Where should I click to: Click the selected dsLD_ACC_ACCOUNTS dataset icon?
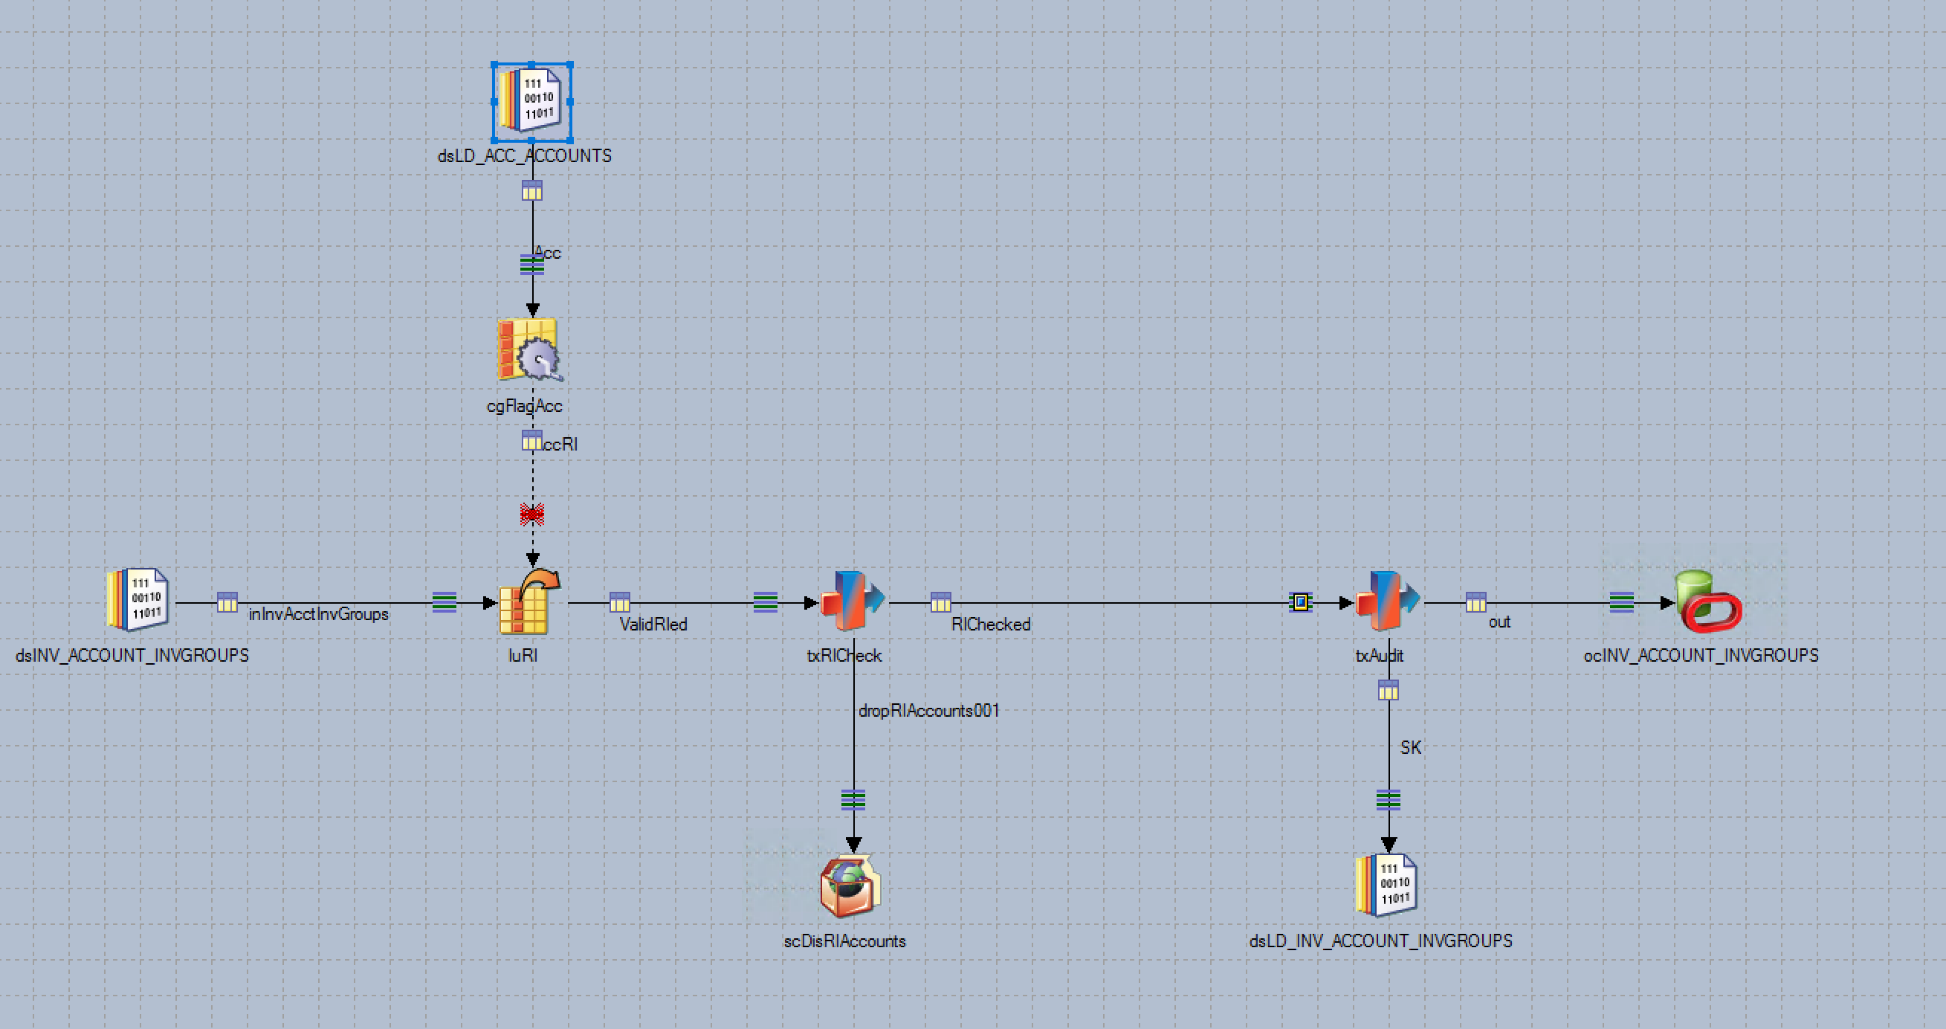tap(531, 101)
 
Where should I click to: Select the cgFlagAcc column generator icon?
tap(528, 350)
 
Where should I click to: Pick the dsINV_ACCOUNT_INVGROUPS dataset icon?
tap(138, 600)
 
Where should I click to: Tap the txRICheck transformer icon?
tap(852, 601)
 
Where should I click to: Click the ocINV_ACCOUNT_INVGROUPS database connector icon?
tap(1707, 601)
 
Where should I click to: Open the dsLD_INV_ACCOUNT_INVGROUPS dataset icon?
tap(1387, 886)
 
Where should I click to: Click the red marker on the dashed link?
tap(531, 514)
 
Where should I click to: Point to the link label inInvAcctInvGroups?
tap(318, 614)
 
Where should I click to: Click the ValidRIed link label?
tap(653, 624)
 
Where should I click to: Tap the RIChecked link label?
tap(990, 624)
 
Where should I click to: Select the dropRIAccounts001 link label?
tap(928, 710)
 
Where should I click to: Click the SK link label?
tap(1409, 747)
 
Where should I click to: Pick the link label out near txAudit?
tap(1499, 622)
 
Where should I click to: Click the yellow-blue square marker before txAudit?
tap(1299, 602)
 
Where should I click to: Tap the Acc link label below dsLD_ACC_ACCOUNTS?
tap(548, 253)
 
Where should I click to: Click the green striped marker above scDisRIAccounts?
tap(853, 799)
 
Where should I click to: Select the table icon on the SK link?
tap(1388, 690)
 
